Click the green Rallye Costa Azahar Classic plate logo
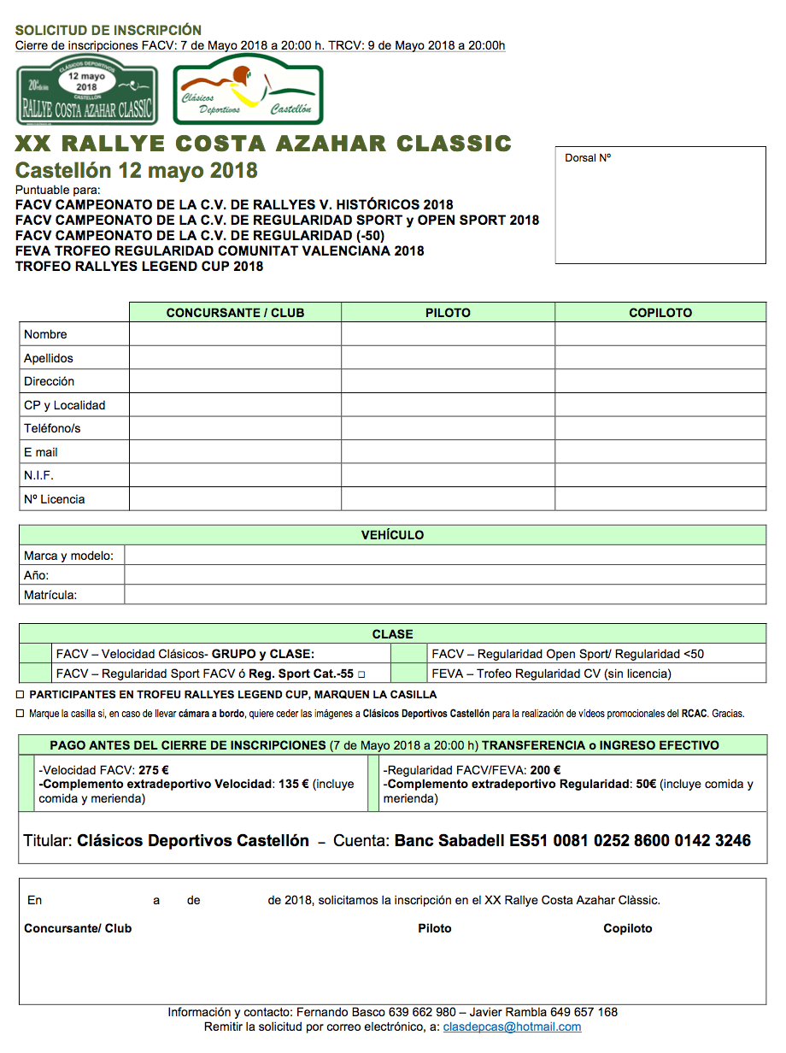87,90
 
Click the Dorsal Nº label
588,158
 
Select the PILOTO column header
448,313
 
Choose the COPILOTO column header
660,313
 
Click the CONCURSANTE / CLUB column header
235,313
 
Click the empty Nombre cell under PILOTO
448,334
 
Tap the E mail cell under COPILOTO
660,452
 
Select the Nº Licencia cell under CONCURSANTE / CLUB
235,499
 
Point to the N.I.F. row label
39,475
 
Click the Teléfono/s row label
52,428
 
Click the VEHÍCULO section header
392,535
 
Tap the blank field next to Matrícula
444,595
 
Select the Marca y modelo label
68,556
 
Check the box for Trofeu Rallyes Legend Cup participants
21,695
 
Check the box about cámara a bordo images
21,713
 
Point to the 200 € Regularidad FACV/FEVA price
545,769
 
